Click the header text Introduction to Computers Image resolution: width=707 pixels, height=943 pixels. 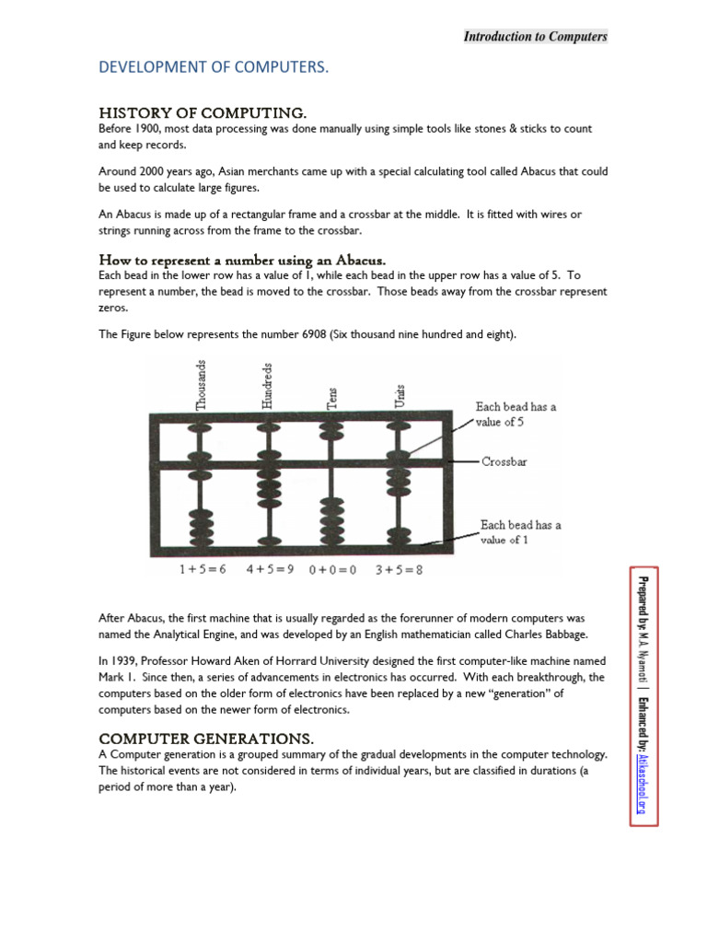coord(535,37)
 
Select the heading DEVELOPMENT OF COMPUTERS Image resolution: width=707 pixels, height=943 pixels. coord(214,68)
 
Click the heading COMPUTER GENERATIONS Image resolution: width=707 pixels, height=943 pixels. coord(206,739)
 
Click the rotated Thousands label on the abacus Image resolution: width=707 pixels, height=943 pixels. coord(202,384)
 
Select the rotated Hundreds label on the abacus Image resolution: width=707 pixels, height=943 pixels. coord(267,384)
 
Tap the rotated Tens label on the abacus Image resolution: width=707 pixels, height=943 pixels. coord(333,395)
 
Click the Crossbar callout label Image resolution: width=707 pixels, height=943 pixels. coord(504,461)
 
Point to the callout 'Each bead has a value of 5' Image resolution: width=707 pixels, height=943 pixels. coord(516,413)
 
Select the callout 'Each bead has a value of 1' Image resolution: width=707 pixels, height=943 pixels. coord(520,532)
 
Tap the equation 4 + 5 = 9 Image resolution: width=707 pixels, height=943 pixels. coord(270,570)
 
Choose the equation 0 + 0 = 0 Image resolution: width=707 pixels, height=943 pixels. coord(333,570)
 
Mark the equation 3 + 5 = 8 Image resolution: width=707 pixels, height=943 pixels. coord(400,570)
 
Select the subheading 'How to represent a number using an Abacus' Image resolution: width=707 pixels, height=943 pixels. coord(241,260)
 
